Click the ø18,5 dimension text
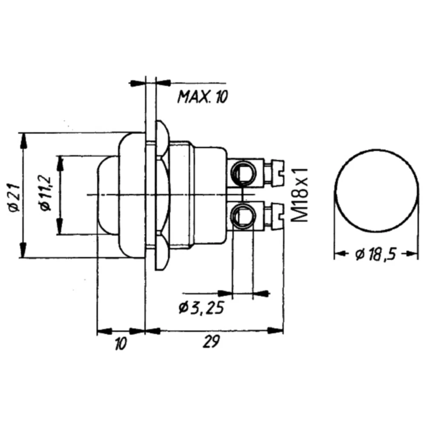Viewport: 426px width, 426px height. pyautogui.click(x=375, y=254)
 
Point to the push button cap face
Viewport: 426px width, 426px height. pyautogui.click(x=104, y=195)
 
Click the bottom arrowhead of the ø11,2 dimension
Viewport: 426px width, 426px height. pyautogui.click(x=60, y=228)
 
